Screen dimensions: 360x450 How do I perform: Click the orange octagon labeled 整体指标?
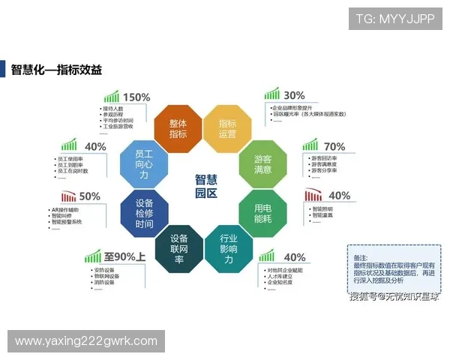click(x=178, y=128)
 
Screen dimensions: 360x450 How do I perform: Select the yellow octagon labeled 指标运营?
click(x=226, y=128)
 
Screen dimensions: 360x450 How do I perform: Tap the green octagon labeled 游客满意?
click(x=262, y=164)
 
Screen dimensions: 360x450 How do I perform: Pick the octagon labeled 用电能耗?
click(x=262, y=213)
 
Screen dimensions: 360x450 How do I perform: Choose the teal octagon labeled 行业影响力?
click(x=226, y=250)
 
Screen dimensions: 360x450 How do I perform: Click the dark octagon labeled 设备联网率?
click(x=178, y=250)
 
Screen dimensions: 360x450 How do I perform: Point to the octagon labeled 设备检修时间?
click(x=144, y=214)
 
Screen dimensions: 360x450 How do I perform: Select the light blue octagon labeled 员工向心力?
click(x=143, y=164)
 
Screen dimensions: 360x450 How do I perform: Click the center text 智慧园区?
click(x=205, y=186)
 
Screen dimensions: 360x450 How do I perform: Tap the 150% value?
click(x=136, y=97)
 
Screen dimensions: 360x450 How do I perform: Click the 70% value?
click(x=334, y=146)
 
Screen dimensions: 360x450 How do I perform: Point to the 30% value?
click(x=294, y=95)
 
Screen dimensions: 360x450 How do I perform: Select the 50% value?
click(x=89, y=196)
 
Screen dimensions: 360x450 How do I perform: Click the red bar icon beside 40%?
click(x=313, y=196)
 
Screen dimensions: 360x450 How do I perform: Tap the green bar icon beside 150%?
click(x=111, y=97)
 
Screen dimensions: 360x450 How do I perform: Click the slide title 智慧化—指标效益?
click(x=56, y=70)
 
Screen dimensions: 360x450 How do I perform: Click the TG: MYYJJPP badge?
click(x=395, y=19)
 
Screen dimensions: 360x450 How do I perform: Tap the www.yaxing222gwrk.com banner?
click(x=86, y=341)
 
